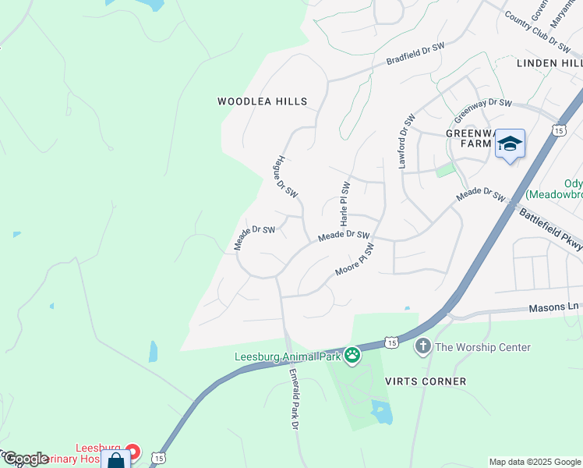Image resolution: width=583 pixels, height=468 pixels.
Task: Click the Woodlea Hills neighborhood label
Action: click(x=262, y=101)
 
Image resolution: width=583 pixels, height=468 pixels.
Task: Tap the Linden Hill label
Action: click(x=549, y=62)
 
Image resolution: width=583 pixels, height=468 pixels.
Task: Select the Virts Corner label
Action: click(x=426, y=381)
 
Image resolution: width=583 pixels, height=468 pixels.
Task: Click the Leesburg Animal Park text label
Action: click(x=288, y=357)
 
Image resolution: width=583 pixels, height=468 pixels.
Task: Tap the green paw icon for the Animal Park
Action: click(x=352, y=356)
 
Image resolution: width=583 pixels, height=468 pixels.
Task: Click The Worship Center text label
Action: click(x=483, y=347)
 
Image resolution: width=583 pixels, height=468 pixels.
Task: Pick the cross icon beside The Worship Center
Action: click(x=423, y=346)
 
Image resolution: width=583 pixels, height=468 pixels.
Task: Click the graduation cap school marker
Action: click(x=510, y=144)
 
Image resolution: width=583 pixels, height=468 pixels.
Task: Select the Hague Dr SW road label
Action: click(x=285, y=175)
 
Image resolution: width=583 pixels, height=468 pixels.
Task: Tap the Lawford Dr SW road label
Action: click(x=405, y=141)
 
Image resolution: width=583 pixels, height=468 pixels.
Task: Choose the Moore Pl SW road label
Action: click(x=355, y=260)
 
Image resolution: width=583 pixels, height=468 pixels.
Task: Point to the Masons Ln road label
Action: click(x=556, y=307)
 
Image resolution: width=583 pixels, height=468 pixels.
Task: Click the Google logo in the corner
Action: click(x=26, y=459)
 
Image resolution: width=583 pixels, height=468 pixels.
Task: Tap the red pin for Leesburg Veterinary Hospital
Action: click(x=132, y=452)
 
